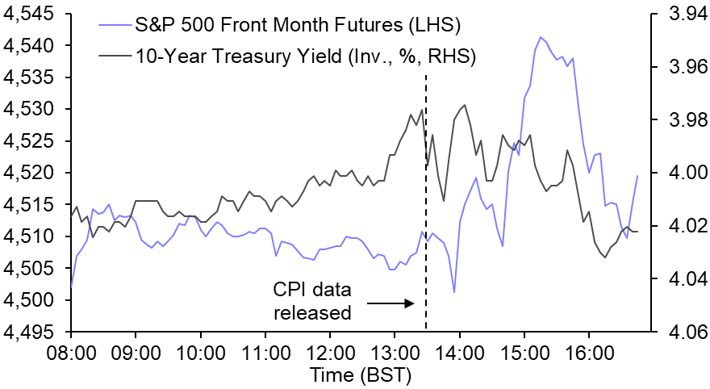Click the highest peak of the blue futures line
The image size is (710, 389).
(x=541, y=37)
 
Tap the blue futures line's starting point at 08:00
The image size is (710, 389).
(x=72, y=287)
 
